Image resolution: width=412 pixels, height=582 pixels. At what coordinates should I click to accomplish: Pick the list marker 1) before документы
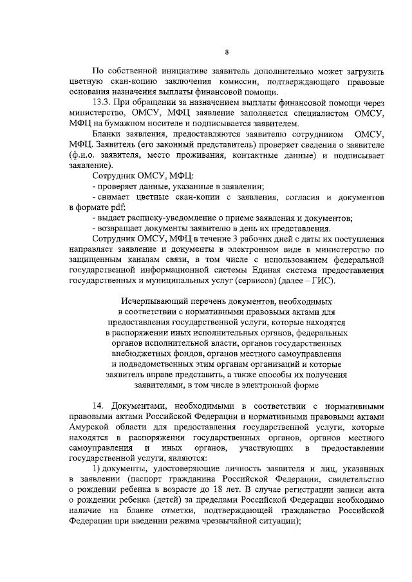[97, 468]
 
